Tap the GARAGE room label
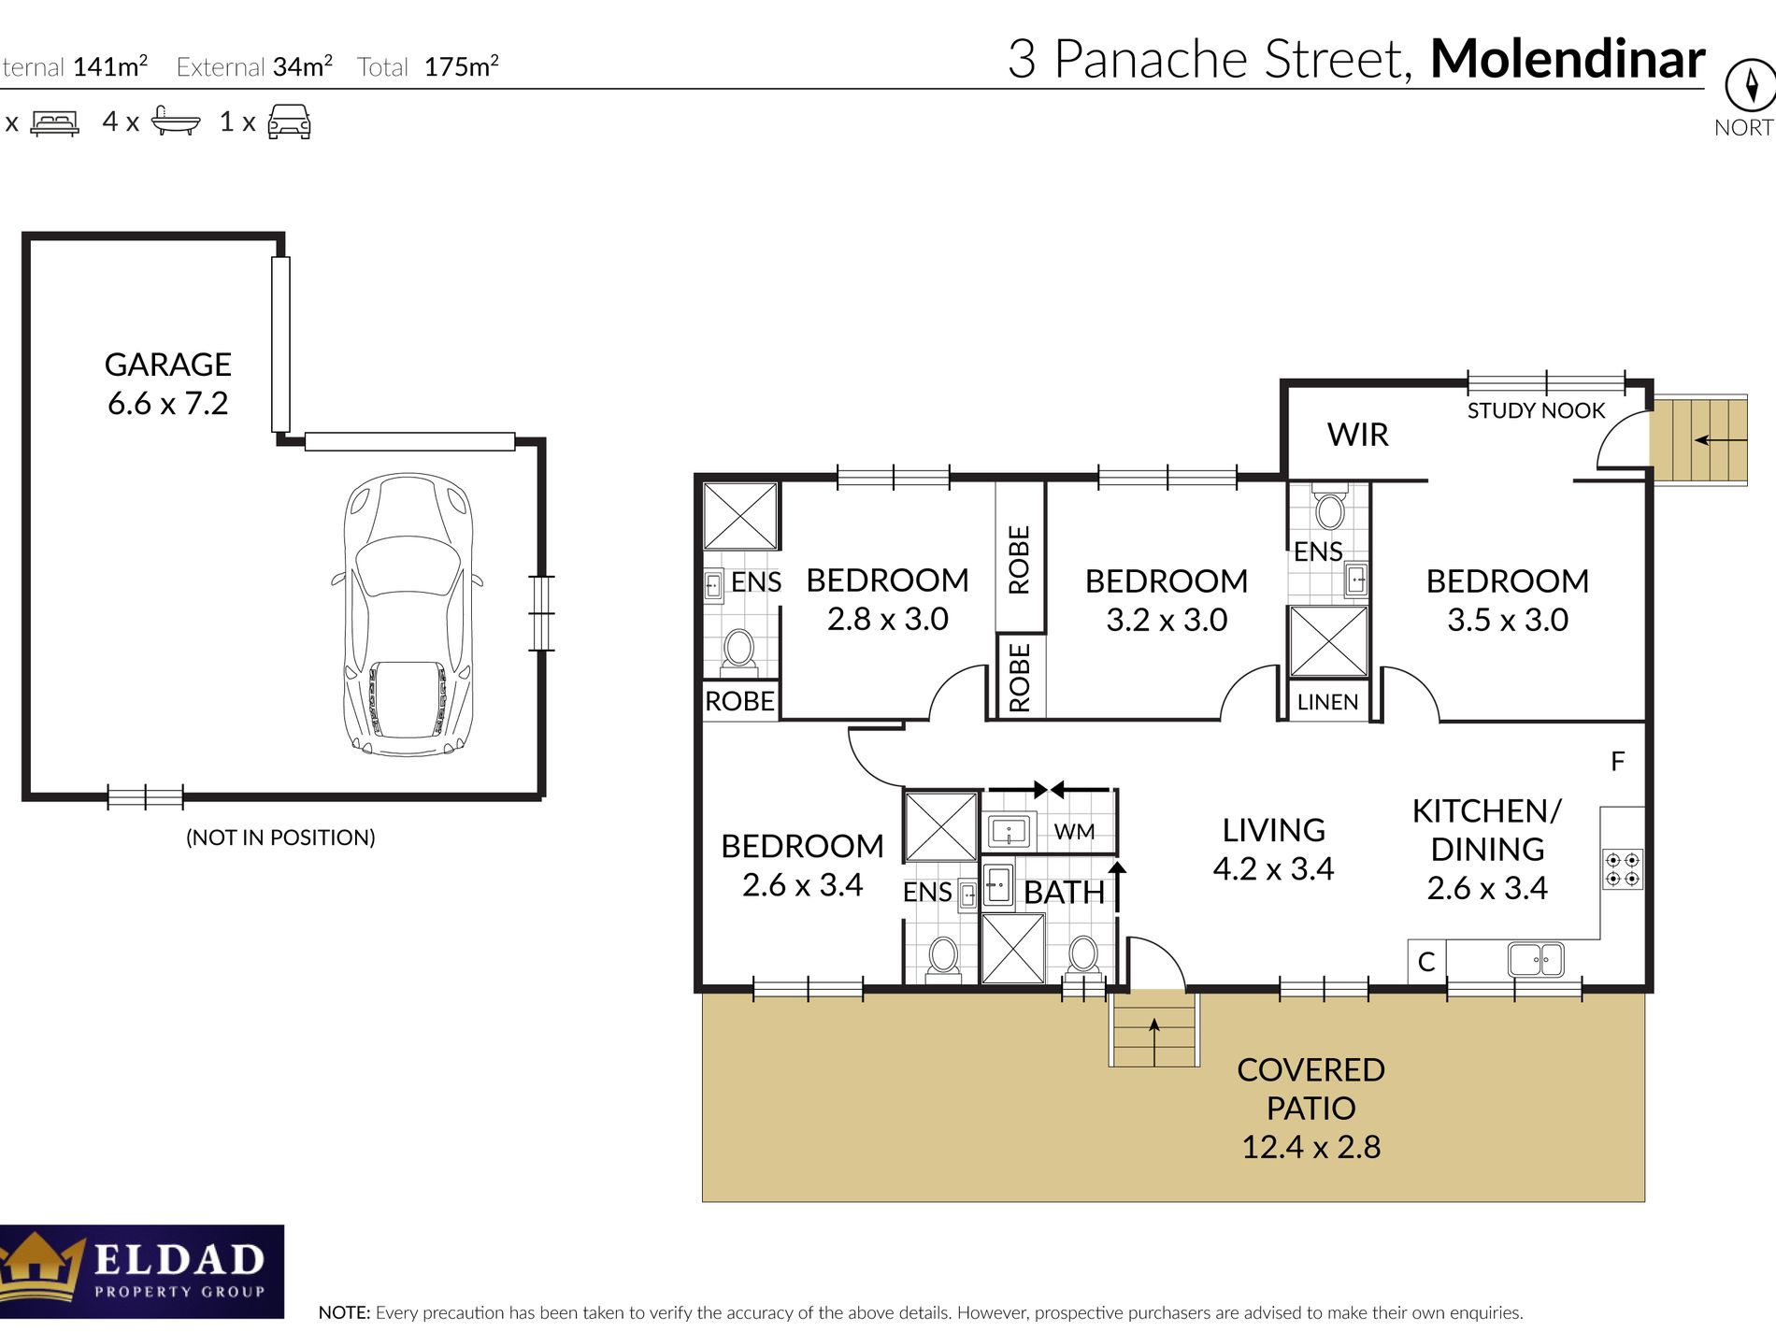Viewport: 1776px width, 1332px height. pyautogui.click(x=168, y=365)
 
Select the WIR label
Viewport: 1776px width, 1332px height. pyautogui.click(x=1357, y=435)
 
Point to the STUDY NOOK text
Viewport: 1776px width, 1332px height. pyautogui.click(x=1536, y=410)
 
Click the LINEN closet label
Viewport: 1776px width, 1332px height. pyautogui.click(x=1327, y=702)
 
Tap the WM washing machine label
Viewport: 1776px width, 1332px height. pyautogui.click(x=1074, y=831)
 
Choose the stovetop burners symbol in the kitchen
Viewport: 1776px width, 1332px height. pyautogui.click(x=1623, y=868)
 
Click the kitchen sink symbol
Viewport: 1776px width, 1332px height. pyautogui.click(x=1536, y=960)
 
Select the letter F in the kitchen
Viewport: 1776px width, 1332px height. pyautogui.click(x=1618, y=762)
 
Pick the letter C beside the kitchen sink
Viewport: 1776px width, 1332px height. pyautogui.click(x=1426, y=962)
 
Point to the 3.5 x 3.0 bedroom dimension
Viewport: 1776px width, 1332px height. pyautogui.click(x=1508, y=620)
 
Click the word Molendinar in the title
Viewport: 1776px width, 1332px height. pyautogui.click(x=1568, y=59)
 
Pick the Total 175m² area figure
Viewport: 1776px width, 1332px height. pyautogui.click(x=428, y=66)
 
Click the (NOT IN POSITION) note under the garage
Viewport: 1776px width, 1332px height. pyautogui.click(x=280, y=838)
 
